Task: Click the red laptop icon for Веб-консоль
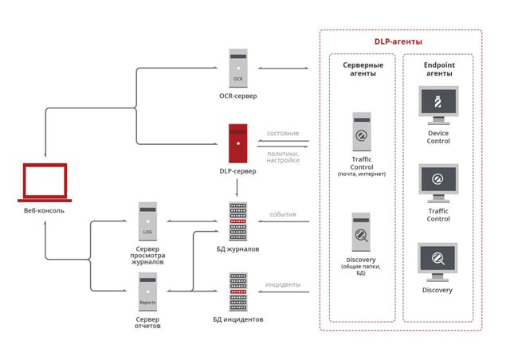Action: [45, 183]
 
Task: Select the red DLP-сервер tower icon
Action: [237, 143]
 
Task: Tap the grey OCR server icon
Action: [237, 69]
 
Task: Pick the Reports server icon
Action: [147, 292]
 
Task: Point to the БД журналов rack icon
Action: [237, 221]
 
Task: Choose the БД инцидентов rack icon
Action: [237, 292]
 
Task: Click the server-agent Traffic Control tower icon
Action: [361, 132]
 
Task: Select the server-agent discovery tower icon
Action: [361, 232]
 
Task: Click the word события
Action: [283, 215]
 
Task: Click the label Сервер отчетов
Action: [147, 323]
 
